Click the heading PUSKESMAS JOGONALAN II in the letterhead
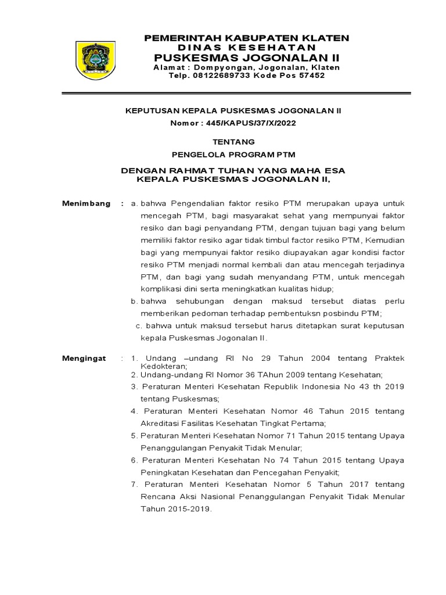tap(247, 57)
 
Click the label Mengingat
tap(84, 359)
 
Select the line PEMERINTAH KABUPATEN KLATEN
tap(247, 37)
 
